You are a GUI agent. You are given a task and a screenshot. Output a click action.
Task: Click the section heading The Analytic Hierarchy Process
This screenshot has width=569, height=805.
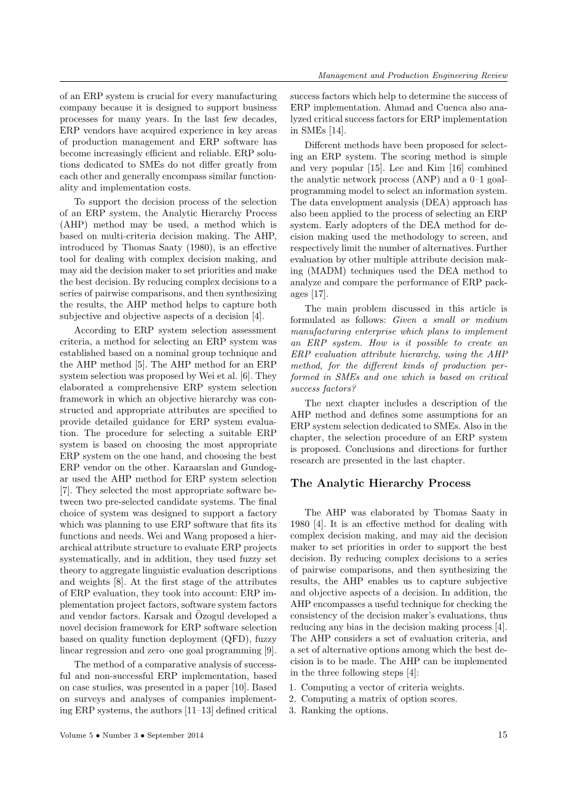pyautogui.click(x=380, y=483)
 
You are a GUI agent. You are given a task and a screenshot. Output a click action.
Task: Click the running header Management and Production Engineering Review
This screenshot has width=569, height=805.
pyautogui.click(x=413, y=76)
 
